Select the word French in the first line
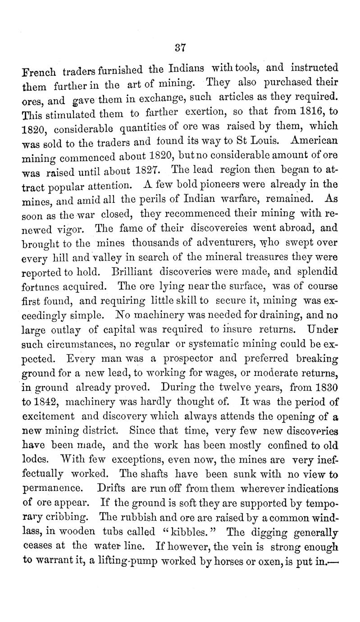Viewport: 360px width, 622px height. click(39, 71)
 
